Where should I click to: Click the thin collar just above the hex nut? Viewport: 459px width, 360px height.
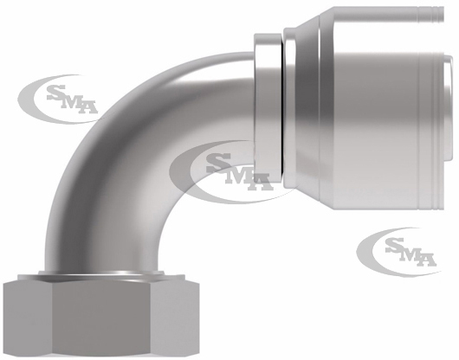click(x=101, y=273)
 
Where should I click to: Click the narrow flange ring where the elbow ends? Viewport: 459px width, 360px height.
click(x=268, y=106)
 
